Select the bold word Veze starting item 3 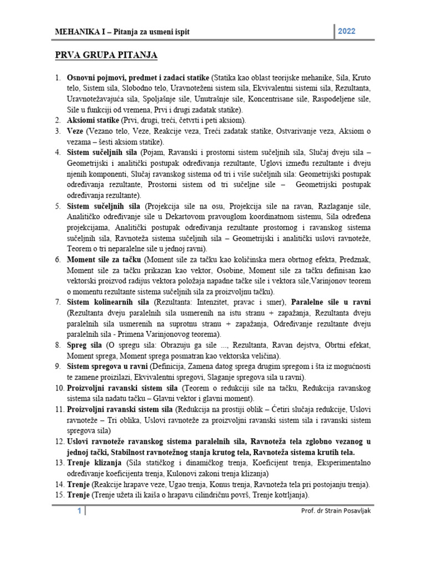pos(75,130)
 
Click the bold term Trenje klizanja pos(92,463)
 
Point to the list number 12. pos(60,441)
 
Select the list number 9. pos(58,366)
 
